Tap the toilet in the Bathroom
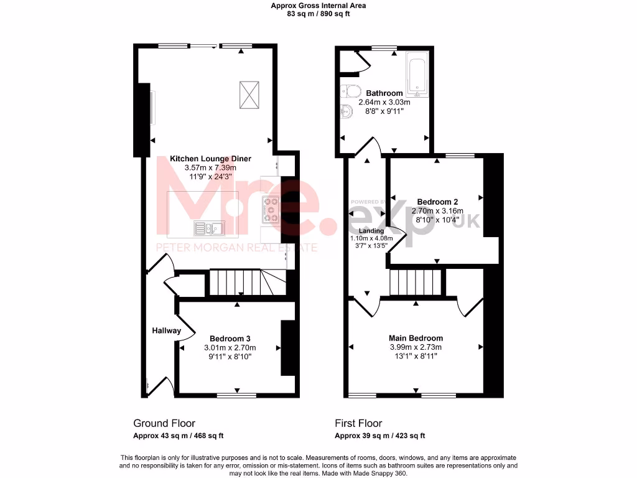[x=351, y=92]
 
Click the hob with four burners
[x=272, y=209]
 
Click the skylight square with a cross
[x=248, y=95]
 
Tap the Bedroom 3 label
[x=230, y=339]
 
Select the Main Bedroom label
[x=416, y=338]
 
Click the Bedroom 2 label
[x=437, y=202]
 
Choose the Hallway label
[x=167, y=330]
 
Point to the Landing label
[x=371, y=230]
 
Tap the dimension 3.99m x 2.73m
[x=416, y=347]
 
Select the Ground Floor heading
[x=164, y=423]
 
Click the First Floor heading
[x=358, y=423]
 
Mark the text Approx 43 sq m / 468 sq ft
[x=179, y=436]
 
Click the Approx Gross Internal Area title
[x=318, y=6]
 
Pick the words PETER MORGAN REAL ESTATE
[x=236, y=248]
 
